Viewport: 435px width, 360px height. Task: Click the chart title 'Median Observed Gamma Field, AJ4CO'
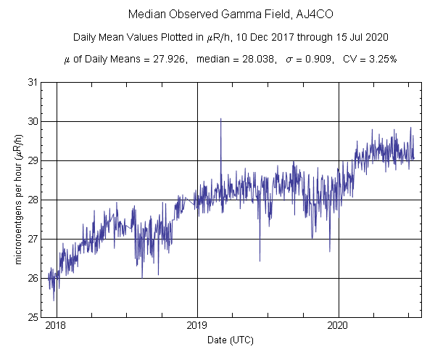[217, 15]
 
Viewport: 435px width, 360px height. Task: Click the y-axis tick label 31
[33, 82]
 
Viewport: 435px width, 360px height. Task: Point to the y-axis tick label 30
[33, 121]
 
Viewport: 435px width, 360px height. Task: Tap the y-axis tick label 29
[33, 160]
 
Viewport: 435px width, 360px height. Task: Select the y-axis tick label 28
[33, 200]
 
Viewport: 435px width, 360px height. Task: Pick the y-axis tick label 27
[33, 239]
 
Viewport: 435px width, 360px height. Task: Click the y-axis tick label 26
[33, 278]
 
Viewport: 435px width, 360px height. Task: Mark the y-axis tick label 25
[33, 317]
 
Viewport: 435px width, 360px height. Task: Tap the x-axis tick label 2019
[197, 327]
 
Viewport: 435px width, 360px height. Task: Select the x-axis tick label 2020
[339, 327]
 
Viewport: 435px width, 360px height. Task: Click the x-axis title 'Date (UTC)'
[231, 340]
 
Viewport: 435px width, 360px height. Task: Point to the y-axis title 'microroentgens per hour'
[17, 200]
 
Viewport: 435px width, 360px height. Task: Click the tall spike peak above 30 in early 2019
[220, 118]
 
